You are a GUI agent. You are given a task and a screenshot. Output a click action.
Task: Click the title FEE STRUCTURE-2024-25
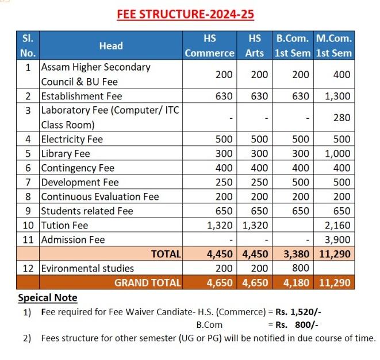185,14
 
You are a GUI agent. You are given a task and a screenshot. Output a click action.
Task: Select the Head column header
111,46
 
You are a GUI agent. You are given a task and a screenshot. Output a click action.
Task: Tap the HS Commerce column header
210,46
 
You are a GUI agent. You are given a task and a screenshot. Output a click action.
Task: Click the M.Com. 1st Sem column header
333,46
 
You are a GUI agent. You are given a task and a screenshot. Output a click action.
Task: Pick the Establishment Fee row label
82,96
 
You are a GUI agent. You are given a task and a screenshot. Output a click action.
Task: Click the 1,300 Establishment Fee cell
337,96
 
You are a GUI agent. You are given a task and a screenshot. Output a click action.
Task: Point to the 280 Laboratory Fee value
341,118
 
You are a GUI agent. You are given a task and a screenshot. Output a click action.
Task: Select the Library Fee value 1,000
337,153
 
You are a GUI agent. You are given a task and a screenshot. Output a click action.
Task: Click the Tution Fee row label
65,226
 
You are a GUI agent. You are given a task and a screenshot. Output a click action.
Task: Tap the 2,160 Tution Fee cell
337,226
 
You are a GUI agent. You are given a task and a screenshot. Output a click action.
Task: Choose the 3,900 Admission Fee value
337,239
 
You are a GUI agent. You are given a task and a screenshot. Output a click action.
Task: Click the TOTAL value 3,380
296,254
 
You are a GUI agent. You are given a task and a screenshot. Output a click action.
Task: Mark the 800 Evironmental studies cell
301,268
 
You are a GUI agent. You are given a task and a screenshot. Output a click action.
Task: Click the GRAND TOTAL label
148,282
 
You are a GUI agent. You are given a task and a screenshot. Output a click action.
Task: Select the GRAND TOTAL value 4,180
296,282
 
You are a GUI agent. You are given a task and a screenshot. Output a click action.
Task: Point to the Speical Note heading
48,297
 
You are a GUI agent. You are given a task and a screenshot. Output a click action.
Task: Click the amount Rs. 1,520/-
298,312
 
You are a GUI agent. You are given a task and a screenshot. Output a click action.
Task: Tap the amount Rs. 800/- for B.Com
297,325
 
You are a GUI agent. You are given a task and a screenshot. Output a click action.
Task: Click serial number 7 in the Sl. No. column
28,183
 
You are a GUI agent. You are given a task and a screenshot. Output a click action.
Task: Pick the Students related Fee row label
87,211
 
